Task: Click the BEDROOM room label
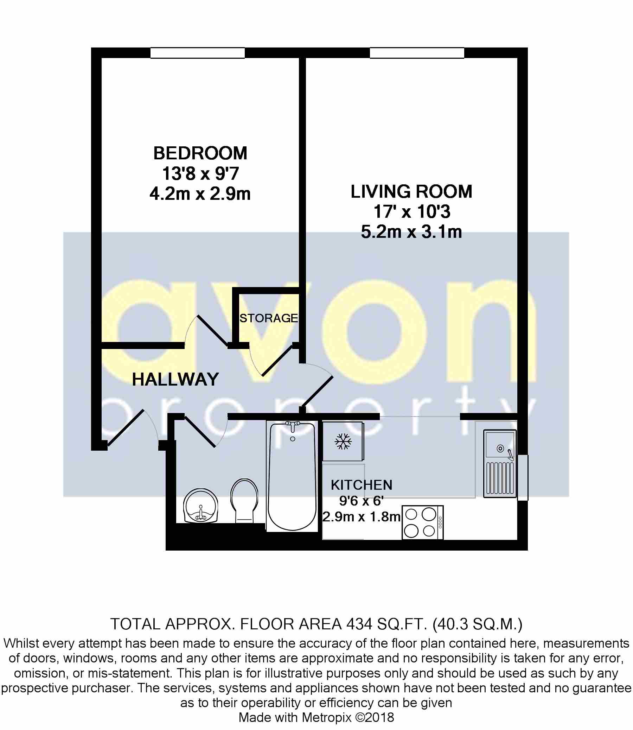click(x=200, y=153)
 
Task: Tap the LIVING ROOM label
click(x=411, y=192)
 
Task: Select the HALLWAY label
click(x=175, y=380)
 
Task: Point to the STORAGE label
click(x=268, y=318)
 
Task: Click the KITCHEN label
click(x=362, y=485)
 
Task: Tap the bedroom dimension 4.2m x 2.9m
click(x=200, y=194)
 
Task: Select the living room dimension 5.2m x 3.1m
click(x=411, y=232)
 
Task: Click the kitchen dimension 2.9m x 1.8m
click(x=362, y=517)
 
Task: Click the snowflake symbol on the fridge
click(x=343, y=442)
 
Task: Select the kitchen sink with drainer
click(x=499, y=463)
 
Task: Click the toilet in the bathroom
click(x=244, y=500)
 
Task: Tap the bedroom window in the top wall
click(x=197, y=53)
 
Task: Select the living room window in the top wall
click(x=417, y=53)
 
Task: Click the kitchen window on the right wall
click(x=523, y=477)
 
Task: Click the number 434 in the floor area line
click(x=359, y=624)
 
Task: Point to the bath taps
click(x=293, y=425)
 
